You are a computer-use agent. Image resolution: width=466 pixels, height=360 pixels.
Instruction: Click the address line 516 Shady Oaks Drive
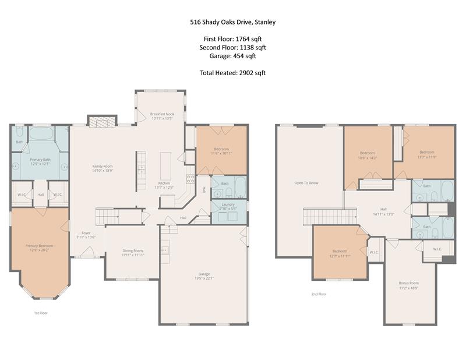(x=232, y=23)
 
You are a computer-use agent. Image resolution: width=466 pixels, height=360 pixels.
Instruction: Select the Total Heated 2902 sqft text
(x=232, y=73)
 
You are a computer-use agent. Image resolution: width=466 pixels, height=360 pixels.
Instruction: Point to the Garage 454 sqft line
(x=232, y=56)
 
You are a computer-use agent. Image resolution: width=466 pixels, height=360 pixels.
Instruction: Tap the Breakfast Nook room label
(x=162, y=116)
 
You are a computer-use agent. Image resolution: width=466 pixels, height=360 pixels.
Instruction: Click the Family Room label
(x=102, y=168)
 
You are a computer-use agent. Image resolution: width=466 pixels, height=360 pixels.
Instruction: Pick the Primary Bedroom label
(x=40, y=248)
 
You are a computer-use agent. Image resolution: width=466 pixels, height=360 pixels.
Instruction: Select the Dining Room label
(x=132, y=252)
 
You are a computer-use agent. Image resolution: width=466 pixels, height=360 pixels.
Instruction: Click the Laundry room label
(x=227, y=206)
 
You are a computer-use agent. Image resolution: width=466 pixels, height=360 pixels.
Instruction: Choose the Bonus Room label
(x=408, y=285)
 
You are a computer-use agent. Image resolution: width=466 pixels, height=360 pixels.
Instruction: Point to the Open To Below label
(x=306, y=183)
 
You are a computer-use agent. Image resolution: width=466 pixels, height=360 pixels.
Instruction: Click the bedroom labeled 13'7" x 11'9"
(x=426, y=154)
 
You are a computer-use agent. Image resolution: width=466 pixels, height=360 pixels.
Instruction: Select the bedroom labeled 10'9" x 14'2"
(x=368, y=154)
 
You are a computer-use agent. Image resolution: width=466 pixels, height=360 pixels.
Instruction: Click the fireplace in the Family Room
(x=102, y=121)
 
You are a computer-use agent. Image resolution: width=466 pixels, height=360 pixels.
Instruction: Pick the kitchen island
(x=165, y=166)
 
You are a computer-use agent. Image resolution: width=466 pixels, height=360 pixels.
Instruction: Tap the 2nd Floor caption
(x=319, y=294)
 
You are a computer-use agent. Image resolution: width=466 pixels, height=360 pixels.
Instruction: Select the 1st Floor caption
(x=40, y=313)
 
